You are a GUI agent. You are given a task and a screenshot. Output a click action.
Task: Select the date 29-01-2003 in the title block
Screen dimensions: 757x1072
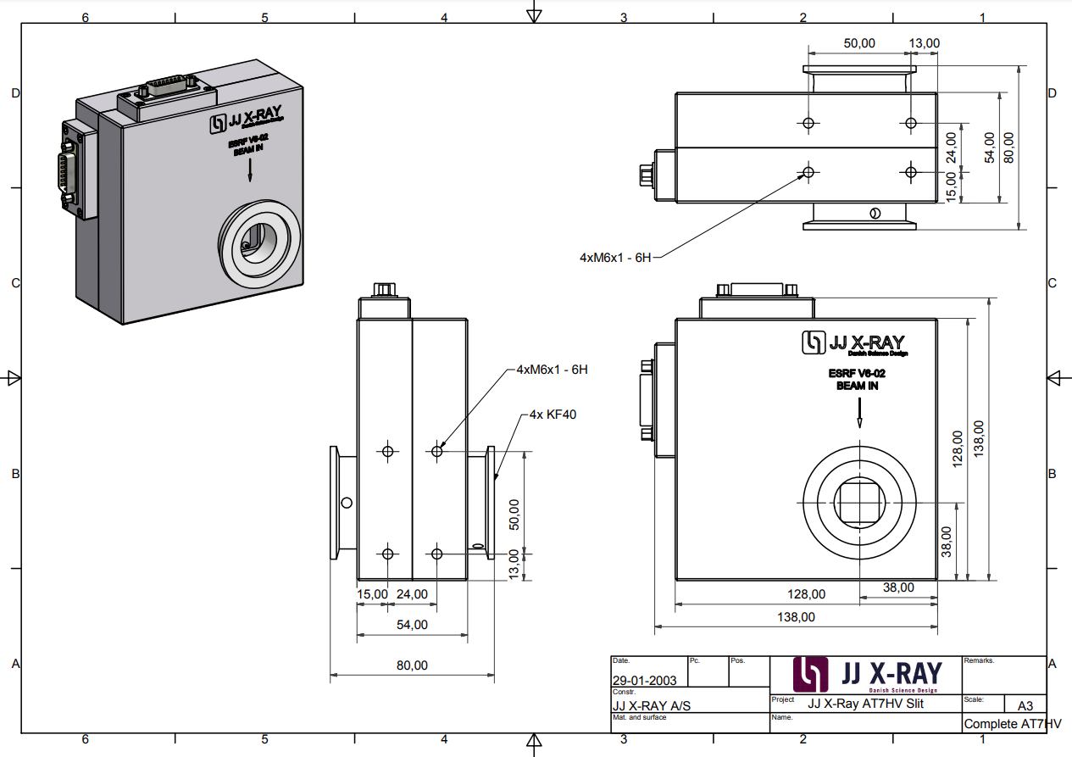(x=645, y=680)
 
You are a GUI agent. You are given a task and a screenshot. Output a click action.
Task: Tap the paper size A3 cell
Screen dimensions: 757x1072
(x=1025, y=705)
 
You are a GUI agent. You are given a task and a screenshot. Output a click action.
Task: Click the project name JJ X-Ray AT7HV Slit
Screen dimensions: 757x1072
(x=865, y=704)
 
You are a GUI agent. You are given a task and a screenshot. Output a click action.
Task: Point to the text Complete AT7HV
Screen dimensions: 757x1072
(x=1012, y=724)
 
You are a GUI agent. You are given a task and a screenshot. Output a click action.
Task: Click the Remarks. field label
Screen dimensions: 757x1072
(x=979, y=660)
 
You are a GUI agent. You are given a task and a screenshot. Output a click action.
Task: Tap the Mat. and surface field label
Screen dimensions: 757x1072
(x=639, y=717)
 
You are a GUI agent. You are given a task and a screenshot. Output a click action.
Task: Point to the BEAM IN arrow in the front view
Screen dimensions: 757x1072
(x=858, y=415)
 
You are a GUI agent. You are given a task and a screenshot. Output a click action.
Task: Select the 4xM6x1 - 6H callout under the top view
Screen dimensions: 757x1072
(x=615, y=257)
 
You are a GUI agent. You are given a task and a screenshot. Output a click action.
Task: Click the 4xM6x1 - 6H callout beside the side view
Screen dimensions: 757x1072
(x=552, y=370)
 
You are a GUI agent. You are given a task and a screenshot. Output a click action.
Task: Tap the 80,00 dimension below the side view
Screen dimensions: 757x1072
(x=412, y=665)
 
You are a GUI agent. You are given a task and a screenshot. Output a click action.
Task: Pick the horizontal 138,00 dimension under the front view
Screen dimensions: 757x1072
(x=796, y=617)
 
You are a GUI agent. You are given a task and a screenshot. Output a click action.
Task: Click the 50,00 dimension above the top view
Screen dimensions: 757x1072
(x=858, y=42)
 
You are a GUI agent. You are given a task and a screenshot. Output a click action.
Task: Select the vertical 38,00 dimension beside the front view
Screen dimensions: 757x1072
(x=947, y=540)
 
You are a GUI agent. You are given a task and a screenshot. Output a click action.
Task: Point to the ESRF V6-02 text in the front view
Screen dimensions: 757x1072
(x=857, y=373)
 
